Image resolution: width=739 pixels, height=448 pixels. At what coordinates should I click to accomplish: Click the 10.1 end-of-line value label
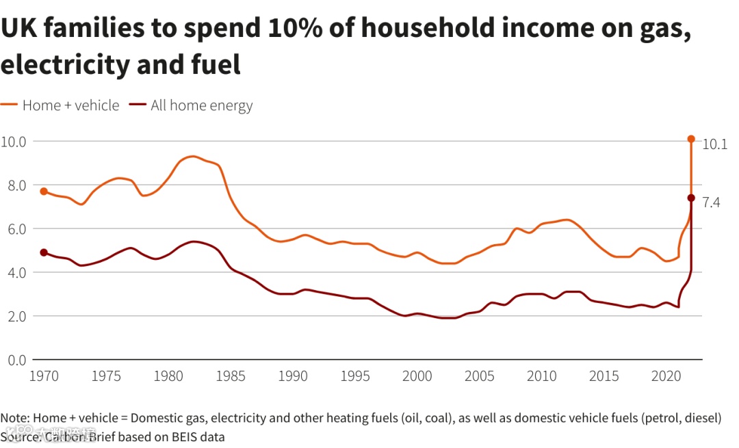(715, 144)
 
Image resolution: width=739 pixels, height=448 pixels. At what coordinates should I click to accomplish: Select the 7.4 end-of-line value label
(712, 202)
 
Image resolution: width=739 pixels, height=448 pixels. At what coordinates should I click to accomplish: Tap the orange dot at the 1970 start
(44, 192)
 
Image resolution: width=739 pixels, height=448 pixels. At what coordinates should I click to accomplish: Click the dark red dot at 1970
(44, 252)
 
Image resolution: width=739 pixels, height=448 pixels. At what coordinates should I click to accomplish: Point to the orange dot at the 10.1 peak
(691, 139)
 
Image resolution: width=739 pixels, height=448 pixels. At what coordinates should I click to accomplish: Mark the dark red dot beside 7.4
(691, 198)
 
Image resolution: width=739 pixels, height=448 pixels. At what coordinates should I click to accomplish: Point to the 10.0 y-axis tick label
(13, 142)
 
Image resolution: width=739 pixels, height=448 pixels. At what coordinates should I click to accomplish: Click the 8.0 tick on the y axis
(13, 185)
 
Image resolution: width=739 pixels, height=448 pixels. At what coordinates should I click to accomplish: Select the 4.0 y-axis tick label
(13, 272)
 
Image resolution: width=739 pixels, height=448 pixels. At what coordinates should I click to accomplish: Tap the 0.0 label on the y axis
(13, 360)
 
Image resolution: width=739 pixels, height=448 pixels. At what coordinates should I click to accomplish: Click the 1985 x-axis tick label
(231, 376)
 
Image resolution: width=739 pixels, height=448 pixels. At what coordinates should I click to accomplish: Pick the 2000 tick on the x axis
(417, 376)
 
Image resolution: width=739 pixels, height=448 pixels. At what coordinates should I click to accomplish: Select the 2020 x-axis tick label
(666, 376)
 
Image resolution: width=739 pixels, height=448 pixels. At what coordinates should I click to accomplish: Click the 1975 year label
(106, 376)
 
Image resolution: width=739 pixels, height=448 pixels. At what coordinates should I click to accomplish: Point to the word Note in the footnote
(14, 418)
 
